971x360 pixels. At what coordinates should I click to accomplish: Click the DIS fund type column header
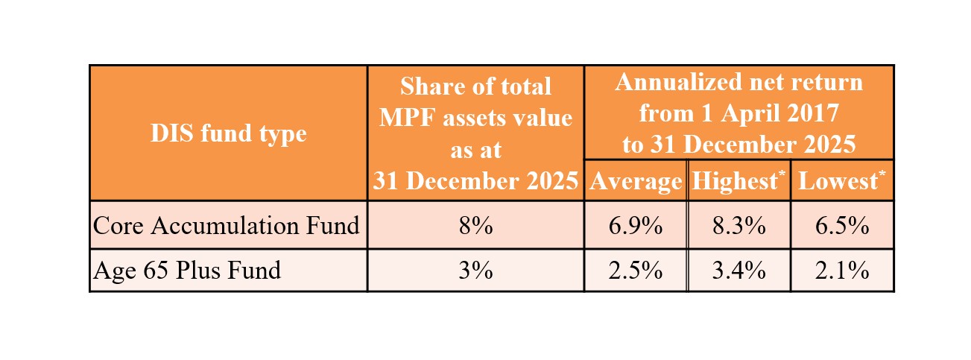228,133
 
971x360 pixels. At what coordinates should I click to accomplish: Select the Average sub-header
635,181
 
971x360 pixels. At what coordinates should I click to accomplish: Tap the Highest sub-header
736,181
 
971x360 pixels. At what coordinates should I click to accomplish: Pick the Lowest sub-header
838,181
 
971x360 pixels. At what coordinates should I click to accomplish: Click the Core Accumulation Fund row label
226,225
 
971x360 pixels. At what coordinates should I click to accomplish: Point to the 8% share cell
475,225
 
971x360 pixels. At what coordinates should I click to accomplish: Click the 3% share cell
475,270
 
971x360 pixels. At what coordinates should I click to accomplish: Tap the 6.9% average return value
635,225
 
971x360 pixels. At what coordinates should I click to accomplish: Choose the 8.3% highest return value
738,225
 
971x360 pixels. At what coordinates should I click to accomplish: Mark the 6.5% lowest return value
841,225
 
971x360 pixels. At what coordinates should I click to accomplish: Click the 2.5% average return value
635,270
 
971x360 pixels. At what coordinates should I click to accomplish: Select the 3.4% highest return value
738,270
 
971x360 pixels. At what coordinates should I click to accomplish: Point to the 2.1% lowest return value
841,270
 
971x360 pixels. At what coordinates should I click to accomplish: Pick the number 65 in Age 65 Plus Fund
155,270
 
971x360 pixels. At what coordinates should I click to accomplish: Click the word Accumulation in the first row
224,225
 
